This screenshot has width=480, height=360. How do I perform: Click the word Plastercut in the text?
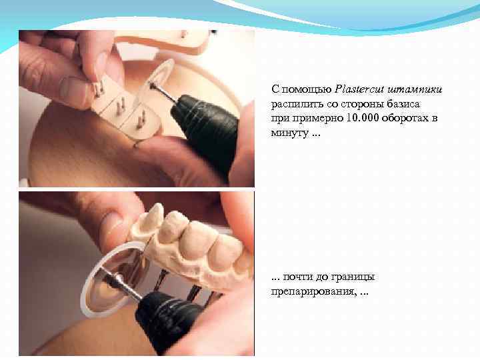point(359,89)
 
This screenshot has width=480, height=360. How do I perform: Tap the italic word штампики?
point(415,90)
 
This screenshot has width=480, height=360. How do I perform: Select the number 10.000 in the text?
point(363,118)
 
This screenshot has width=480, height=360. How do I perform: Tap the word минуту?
point(289,133)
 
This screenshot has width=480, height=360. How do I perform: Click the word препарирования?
point(314,291)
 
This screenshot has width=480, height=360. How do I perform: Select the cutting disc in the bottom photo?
point(114,279)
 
